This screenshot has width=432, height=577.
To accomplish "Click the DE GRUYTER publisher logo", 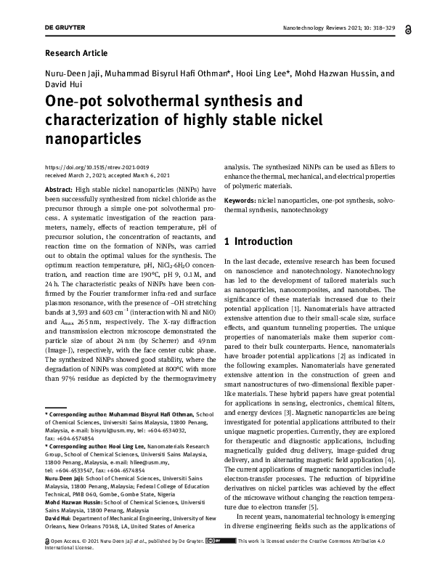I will click(x=65, y=28).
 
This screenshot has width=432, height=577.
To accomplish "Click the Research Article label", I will click(x=76, y=53).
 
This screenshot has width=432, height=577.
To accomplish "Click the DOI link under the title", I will click(x=97, y=167).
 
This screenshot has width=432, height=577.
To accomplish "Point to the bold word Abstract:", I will click(x=58, y=188).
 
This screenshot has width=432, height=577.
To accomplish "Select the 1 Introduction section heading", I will click(x=258, y=241).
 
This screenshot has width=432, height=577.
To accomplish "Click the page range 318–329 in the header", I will click(x=378, y=28).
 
